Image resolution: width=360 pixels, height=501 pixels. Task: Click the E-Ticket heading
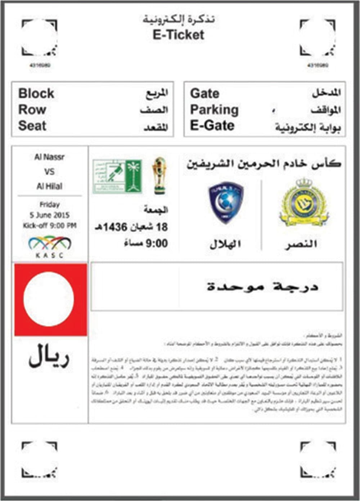[178, 35]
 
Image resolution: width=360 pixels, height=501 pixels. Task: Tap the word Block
[36, 94]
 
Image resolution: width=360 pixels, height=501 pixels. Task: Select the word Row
[32, 109]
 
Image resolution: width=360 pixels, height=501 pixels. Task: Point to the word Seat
[32, 126]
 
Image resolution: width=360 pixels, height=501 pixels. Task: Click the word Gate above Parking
[204, 94]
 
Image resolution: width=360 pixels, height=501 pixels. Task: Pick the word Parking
[214, 110]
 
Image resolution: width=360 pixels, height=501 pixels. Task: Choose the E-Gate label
[212, 126]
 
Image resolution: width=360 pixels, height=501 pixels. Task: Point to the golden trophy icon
[159, 175]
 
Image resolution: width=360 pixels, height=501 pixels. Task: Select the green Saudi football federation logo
[117, 176]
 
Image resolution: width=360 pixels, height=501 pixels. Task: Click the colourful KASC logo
[50, 245]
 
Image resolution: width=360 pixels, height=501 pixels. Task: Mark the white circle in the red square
[49, 299]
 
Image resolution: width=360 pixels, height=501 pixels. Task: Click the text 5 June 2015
[50, 215]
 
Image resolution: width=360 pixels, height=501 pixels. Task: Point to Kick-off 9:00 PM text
[50, 226]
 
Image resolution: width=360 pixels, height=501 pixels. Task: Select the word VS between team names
[50, 171]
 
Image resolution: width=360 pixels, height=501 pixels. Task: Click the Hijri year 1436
[115, 227]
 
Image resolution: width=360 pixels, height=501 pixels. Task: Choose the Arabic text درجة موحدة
[263, 287]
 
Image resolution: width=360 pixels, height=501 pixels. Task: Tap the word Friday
[50, 205]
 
